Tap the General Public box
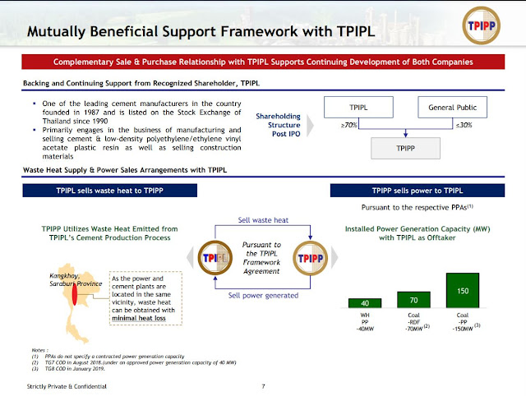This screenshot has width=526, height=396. click(x=452, y=108)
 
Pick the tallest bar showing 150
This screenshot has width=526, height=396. click(x=462, y=291)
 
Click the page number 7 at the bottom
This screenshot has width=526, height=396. click(x=262, y=385)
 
